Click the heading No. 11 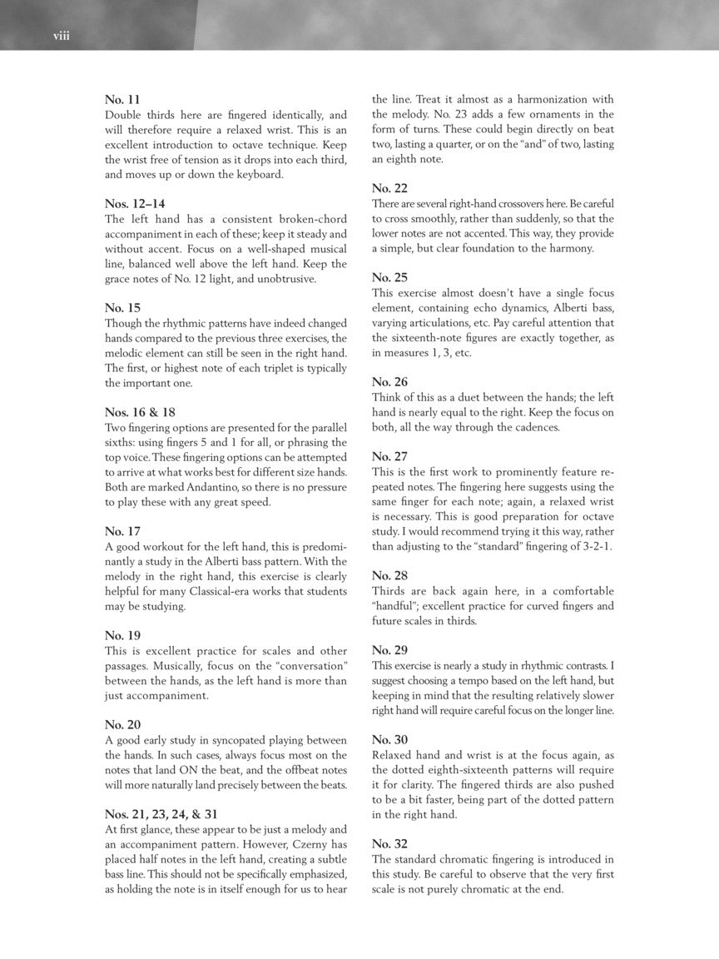(122, 100)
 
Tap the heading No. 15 (122, 308)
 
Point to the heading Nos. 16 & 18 (140, 412)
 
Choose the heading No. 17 (122, 531)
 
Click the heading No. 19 (122, 635)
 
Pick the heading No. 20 (122, 724)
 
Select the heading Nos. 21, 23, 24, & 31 (161, 813)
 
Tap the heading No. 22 (389, 188)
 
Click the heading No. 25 (389, 277)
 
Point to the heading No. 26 (389, 381)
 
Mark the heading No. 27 (389, 456)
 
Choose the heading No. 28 (389, 575)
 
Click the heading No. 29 (389, 649)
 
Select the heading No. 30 (389, 739)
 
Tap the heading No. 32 (389, 843)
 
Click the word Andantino (192, 487)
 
